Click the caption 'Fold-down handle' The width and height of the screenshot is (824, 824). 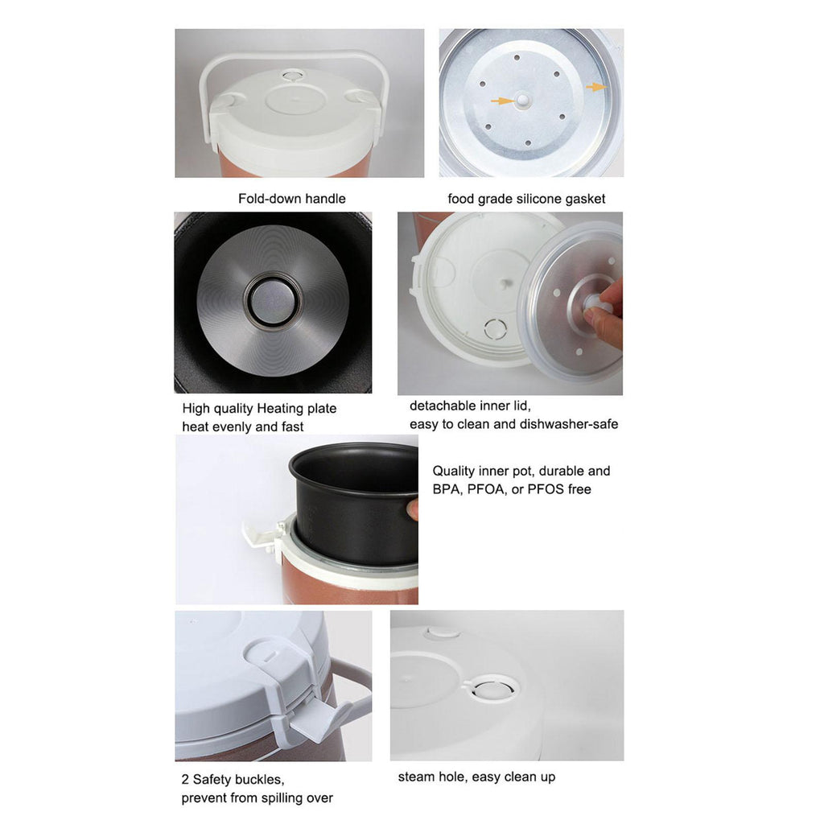(291, 199)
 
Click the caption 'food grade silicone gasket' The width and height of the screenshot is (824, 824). (526, 199)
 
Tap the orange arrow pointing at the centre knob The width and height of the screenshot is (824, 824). (502, 101)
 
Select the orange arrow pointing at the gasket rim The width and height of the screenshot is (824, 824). (596, 87)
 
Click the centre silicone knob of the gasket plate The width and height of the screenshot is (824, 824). (523, 100)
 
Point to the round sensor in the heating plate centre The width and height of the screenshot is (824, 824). (272, 301)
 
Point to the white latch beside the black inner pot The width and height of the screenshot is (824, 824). (264, 535)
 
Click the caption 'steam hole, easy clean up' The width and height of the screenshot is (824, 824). (476, 777)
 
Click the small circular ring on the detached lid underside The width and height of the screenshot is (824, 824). (495, 329)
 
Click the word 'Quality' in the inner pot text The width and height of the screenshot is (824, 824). (453, 471)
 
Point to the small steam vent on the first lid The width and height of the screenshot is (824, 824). (290, 76)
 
